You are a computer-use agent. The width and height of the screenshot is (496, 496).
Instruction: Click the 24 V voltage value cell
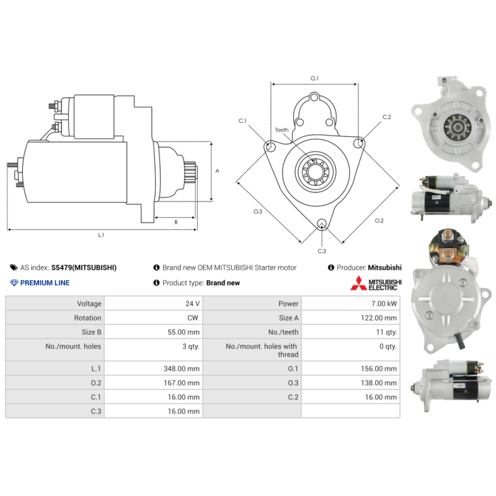click(192, 304)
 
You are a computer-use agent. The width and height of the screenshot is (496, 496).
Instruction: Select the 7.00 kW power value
click(384, 304)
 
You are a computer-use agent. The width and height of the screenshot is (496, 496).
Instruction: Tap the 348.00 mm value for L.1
click(182, 368)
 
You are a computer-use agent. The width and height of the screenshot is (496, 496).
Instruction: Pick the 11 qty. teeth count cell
click(386, 332)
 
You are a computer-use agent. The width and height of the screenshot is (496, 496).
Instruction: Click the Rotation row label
click(87, 318)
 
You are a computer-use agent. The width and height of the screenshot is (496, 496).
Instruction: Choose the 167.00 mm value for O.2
click(182, 383)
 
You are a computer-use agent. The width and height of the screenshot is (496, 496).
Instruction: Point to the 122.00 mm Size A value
click(379, 318)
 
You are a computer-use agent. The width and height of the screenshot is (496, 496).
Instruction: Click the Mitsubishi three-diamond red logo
click(358, 283)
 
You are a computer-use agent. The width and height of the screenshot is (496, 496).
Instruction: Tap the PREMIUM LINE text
click(45, 283)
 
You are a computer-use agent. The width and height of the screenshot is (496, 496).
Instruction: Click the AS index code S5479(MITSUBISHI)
click(84, 268)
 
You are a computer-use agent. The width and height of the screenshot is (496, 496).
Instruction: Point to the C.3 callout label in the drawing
click(322, 251)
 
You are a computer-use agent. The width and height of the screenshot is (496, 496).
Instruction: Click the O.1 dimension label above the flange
click(314, 78)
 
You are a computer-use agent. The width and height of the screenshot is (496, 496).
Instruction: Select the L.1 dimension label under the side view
click(101, 235)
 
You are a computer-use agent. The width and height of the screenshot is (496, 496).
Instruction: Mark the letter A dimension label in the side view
click(218, 171)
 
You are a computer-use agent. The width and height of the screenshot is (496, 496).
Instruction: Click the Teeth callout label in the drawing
click(281, 130)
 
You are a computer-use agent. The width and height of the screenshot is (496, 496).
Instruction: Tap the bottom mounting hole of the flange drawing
click(322, 223)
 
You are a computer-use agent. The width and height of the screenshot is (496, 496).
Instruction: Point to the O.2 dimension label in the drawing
click(379, 221)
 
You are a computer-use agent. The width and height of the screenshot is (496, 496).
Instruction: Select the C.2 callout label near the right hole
click(386, 117)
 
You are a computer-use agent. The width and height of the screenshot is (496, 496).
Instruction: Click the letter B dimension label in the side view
click(176, 223)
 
